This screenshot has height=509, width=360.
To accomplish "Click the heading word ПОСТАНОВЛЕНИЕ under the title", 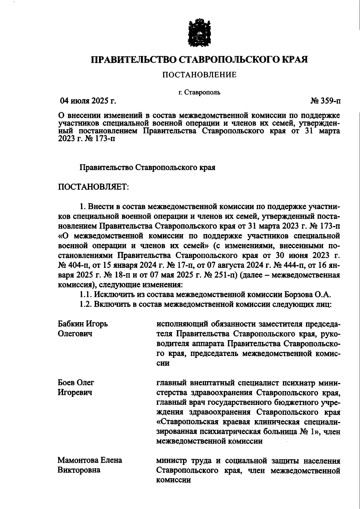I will coord(199,75).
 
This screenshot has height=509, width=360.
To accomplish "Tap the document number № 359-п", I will coord(326,101).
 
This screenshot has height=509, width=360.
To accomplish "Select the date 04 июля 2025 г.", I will coord(88,101).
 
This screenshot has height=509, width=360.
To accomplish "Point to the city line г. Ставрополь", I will coord(199,92).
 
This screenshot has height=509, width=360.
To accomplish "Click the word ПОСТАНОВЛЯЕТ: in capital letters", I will coord(93,187).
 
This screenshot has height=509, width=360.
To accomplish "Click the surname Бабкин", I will coord(71,324).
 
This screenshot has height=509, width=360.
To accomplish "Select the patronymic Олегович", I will coord(75,334).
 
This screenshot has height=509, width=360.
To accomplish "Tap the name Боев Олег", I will coord(76,383).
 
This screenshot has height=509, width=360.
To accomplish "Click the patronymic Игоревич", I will coord(75,393).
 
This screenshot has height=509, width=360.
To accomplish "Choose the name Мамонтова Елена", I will coord(90,460).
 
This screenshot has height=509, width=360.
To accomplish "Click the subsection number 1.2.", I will coord(86,304).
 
